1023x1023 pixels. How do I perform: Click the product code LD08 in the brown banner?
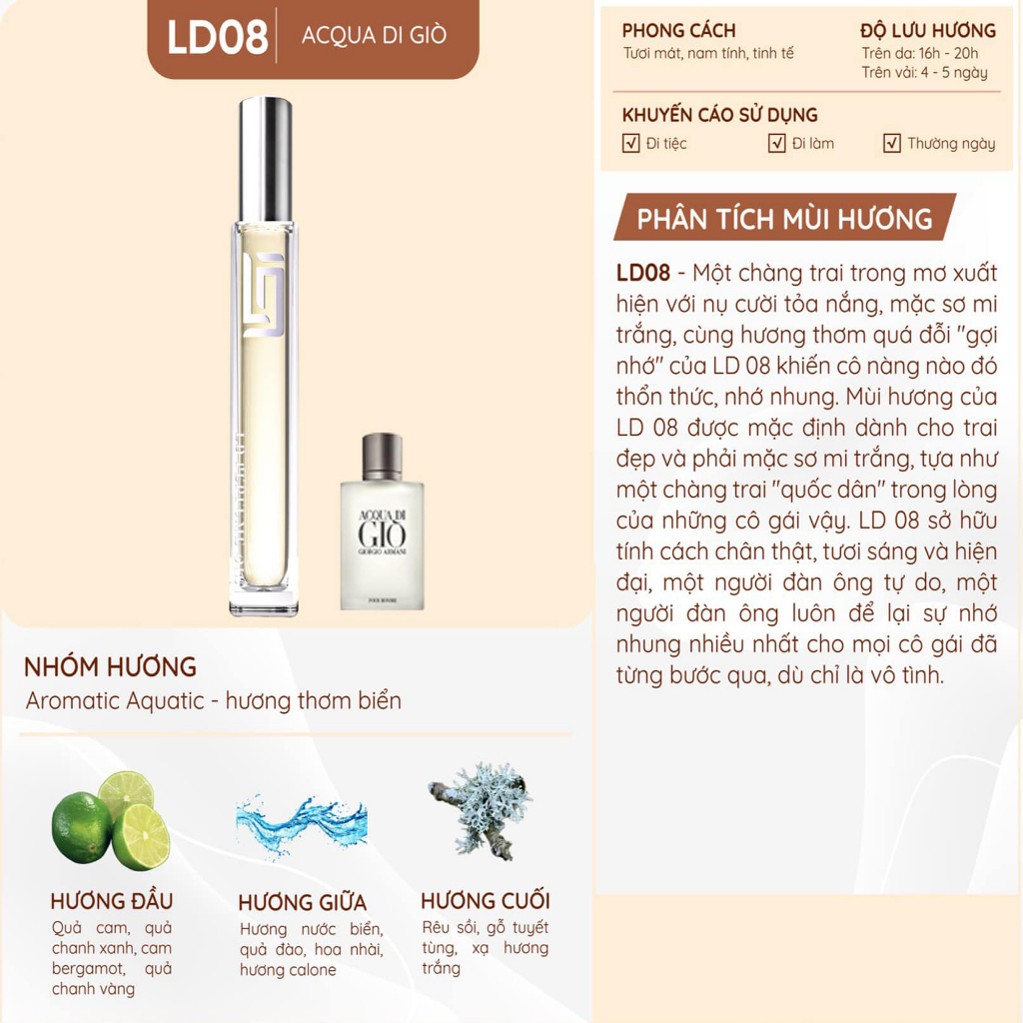217,37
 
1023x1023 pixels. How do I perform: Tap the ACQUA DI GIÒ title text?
374,36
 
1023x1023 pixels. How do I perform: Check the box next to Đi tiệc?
630,143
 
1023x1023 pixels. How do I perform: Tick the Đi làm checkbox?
777,143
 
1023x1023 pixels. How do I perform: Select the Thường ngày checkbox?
892,143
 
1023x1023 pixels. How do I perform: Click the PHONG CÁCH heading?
678,31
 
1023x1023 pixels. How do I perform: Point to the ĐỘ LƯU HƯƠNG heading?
928,31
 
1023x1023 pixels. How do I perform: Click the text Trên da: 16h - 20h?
920,53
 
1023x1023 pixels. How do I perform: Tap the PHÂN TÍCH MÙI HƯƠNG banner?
784,219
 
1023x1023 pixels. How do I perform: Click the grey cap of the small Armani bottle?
383,456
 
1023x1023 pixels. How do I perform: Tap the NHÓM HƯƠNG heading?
110,667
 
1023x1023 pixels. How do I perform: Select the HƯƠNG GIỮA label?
303,903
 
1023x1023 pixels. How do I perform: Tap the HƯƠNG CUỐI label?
485,900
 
